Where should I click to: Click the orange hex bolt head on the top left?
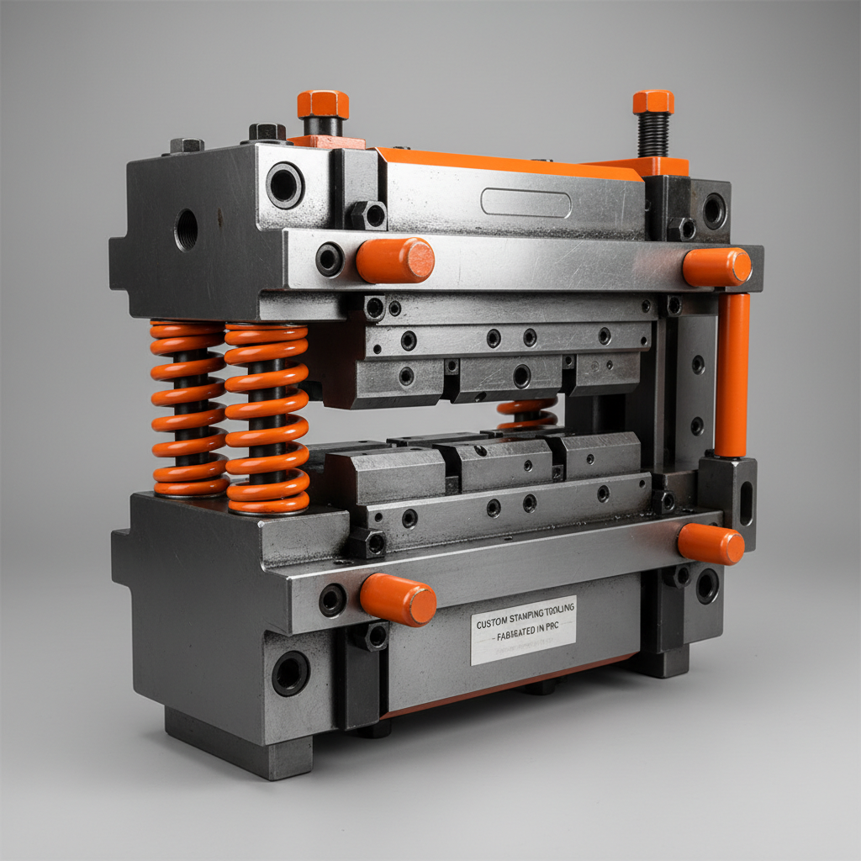323,105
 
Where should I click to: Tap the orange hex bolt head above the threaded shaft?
653,102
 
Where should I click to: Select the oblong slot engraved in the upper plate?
526,203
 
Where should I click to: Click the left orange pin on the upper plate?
395,260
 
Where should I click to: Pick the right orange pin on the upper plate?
716,267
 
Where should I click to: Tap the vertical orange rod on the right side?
732,374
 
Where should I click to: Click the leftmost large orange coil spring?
188,408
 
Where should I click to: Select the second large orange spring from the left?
267,418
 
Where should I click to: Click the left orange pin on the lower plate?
398,600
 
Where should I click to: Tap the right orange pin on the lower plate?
710,543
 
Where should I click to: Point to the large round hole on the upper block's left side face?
186,229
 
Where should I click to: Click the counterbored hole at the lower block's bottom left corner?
291,673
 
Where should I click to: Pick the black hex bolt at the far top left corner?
187,145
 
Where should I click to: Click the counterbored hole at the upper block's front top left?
285,185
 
